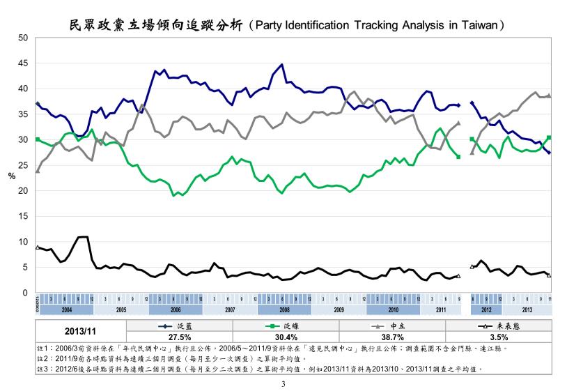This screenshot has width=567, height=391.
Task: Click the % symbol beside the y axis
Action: coord(12,176)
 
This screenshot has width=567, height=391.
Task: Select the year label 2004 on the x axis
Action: coord(67,308)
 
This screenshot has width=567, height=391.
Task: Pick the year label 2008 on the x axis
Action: coord(284,308)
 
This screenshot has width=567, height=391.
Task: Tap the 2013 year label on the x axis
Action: coord(527,308)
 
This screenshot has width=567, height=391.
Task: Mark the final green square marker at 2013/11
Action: coord(549,138)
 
